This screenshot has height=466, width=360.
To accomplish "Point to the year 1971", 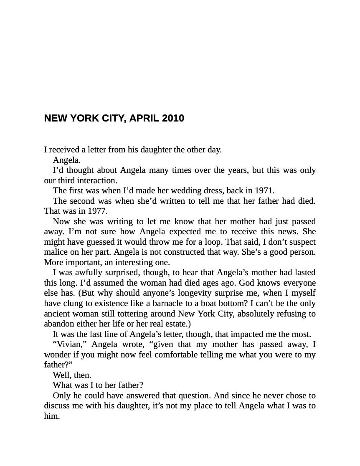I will (264, 191).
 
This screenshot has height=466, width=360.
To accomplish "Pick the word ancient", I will (58, 314).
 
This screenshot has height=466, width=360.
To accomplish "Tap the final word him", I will (52, 416).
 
